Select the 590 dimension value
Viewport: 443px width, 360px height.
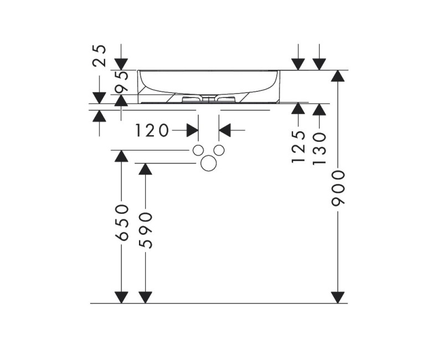coord(145,230)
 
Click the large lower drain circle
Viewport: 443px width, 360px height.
coord(209,163)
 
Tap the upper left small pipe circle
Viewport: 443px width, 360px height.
coord(197,150)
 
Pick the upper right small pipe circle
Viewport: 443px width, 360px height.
coord(219,150)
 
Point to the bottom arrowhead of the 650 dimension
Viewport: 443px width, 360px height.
coord(121,297)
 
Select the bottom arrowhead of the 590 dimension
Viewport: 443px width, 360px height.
coord(145,297)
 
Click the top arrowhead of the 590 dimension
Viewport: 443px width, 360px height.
coord(145,169)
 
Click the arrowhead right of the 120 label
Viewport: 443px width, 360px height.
coord(192,131)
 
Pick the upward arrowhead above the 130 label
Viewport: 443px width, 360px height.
coord(319,109)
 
